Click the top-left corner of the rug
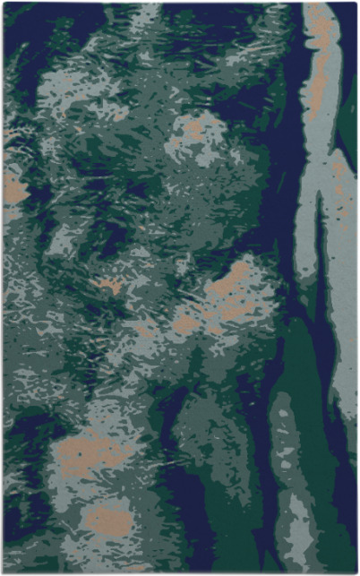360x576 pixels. (4, 4)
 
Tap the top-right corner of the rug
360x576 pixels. (356, 4)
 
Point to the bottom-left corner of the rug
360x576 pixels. (4, 572)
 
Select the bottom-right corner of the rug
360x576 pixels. (356, 572)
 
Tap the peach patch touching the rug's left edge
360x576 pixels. (13, 188)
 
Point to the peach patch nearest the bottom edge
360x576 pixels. (107, 520)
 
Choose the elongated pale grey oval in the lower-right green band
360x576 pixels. (285, 439)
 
